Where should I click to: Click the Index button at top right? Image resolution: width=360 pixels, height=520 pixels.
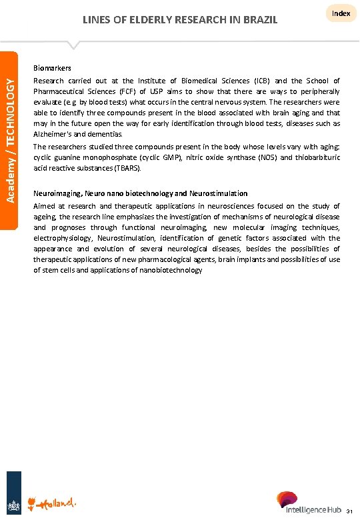(341, 13)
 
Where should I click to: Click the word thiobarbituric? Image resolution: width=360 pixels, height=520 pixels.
(313, 157)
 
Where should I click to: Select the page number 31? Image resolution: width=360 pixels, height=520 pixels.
(349, 512)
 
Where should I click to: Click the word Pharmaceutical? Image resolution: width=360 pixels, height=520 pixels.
(61, 91)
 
